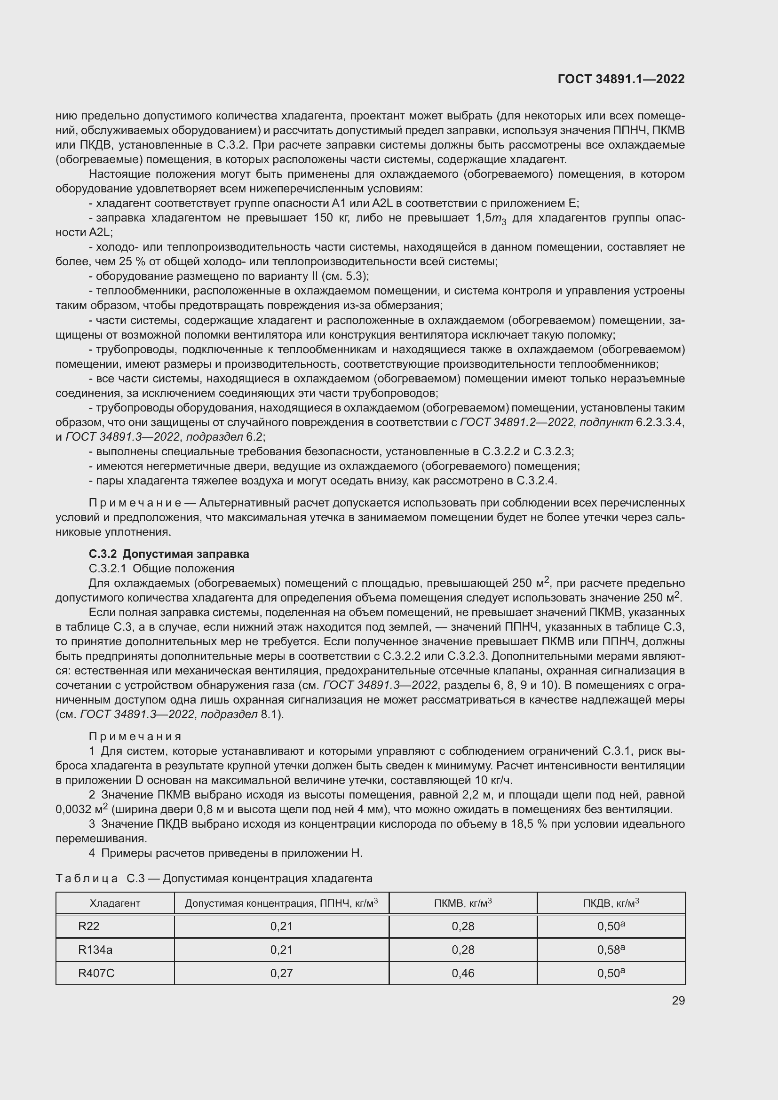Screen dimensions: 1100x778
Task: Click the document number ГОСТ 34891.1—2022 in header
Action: coord(621,79)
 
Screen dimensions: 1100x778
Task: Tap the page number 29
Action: coord(678,1000)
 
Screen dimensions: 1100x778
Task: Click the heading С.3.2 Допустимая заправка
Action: coord(169,554)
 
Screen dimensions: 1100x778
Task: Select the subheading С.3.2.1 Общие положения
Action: coord(161,568)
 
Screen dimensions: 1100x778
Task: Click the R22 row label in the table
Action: coord(88,926)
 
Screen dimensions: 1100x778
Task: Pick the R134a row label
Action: coord(95,950)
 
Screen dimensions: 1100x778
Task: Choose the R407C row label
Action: coord(96,973)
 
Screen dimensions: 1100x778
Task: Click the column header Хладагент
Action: coord(114,903)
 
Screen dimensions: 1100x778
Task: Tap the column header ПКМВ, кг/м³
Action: coord(463,903)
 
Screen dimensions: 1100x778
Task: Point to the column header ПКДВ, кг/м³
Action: coord(611,903)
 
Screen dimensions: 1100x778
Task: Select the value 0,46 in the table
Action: coord(463,973)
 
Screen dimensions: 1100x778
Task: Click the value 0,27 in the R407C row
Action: coord(281,973)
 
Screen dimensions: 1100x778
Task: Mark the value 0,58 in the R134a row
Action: coord(609,950)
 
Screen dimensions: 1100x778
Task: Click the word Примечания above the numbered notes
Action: coord(135,736)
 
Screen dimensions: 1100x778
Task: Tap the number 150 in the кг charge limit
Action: coord(323,218)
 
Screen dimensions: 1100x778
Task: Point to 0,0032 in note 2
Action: coord(73,809)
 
